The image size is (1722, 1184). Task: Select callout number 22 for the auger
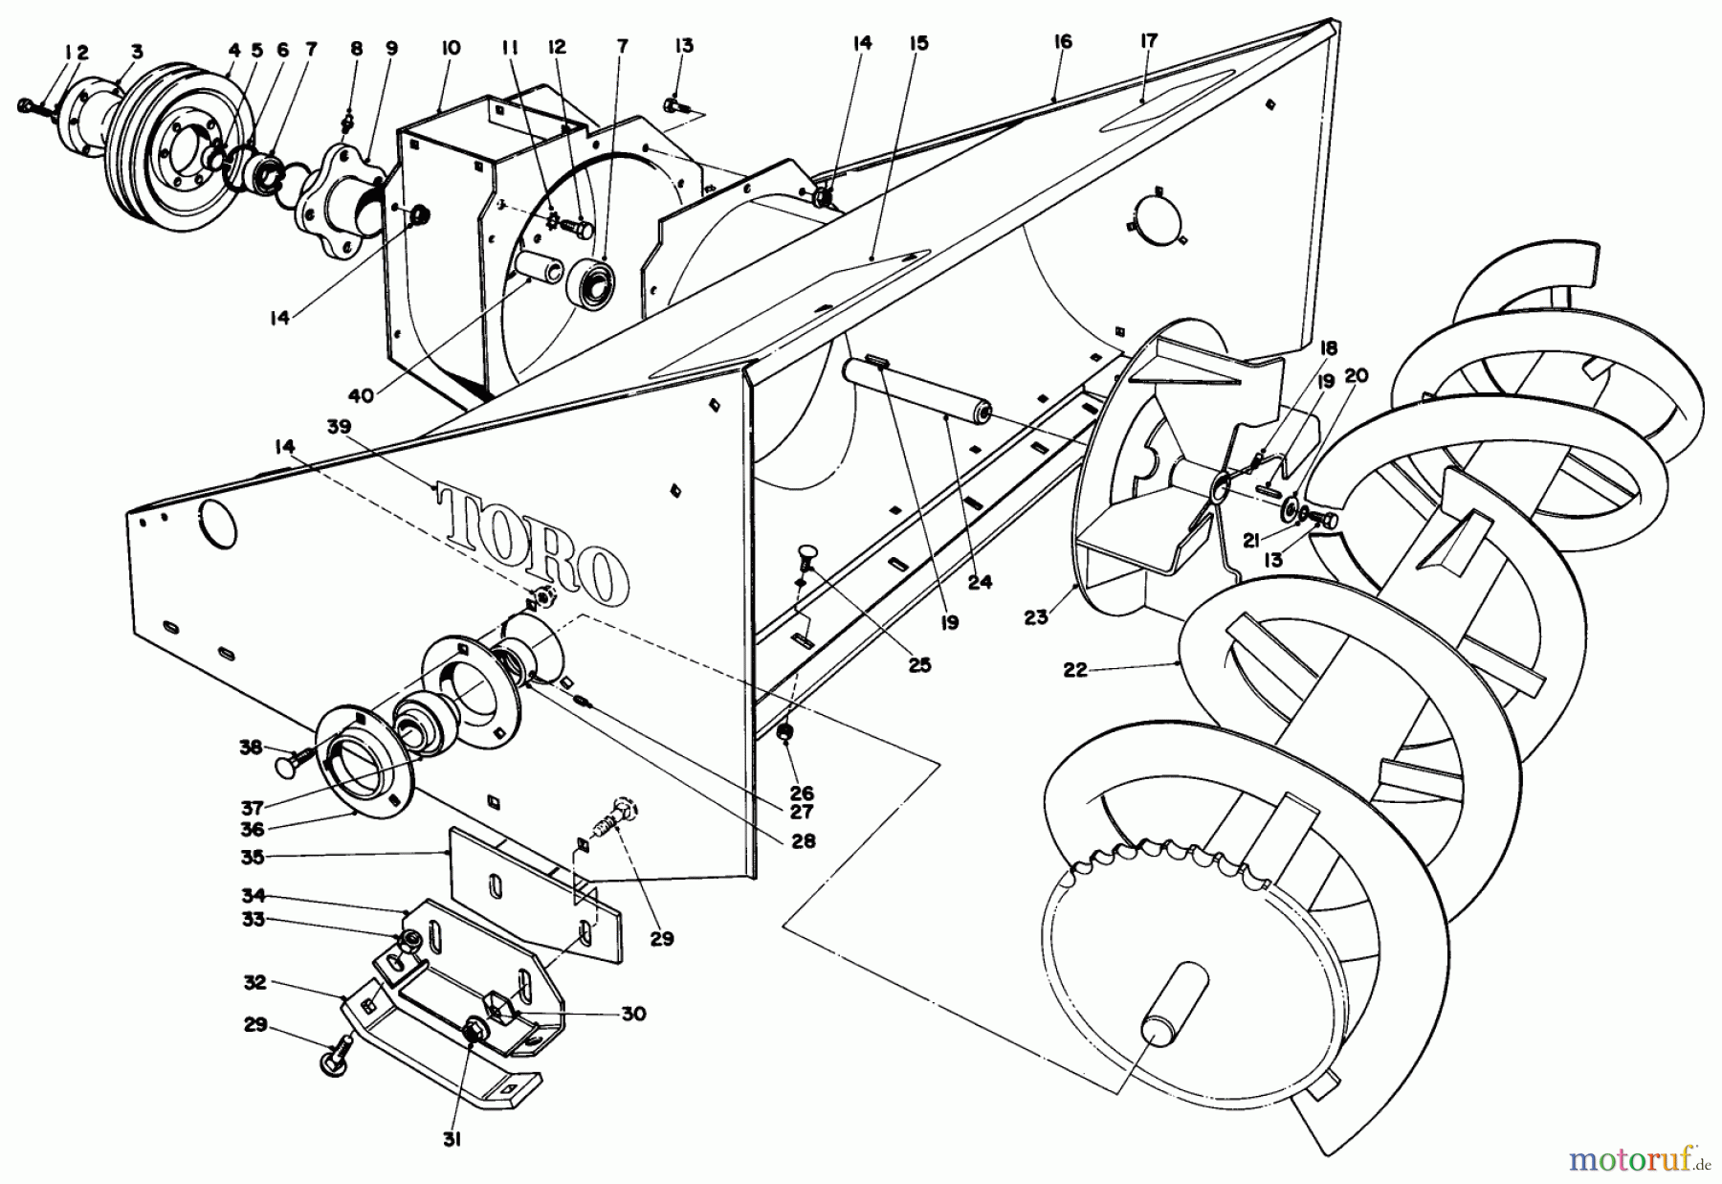pyautogui.click(x=1075, y=670)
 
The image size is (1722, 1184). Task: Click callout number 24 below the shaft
pyautogui.click(x=980, y=580)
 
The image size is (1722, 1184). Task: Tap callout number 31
pyautogui.click(x=453, y=1140)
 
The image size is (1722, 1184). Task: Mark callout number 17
pyautogui.click(x=1149, y=40)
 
